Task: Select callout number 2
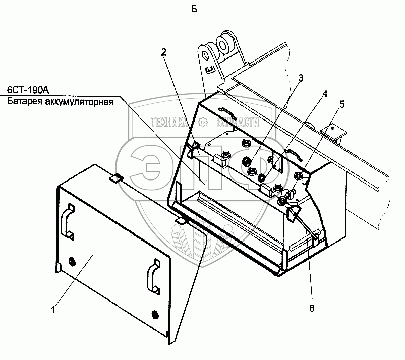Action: [164, 51]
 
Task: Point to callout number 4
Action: [325, 93]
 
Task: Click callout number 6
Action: [311, 308]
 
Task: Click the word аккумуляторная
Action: [80, 101]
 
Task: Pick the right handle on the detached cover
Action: [152, 279]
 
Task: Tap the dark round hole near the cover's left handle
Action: [70, 261]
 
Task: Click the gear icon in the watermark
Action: [202, 122]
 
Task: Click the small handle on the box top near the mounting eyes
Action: [224, 109]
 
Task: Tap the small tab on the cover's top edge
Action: [117, 178]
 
